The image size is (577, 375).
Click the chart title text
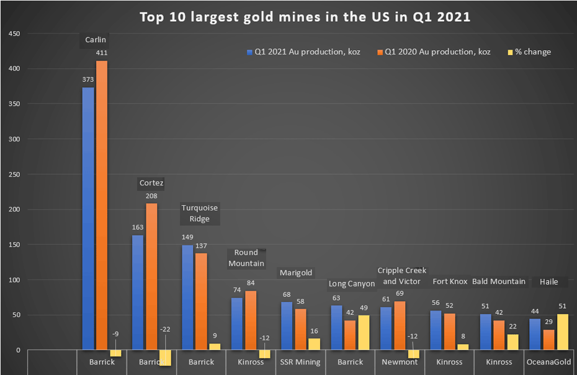305,17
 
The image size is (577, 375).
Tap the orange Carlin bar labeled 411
102,205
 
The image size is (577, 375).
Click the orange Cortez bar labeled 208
151,276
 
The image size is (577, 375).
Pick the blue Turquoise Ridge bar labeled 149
187,298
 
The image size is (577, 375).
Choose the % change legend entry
529,52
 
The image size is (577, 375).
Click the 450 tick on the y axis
13,33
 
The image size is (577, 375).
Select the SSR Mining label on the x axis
300,362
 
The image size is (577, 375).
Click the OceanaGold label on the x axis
548,362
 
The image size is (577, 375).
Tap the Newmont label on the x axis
400,362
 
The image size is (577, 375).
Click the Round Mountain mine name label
246,258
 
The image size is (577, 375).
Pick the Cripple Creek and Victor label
402,276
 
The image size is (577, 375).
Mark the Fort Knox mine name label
450,281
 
